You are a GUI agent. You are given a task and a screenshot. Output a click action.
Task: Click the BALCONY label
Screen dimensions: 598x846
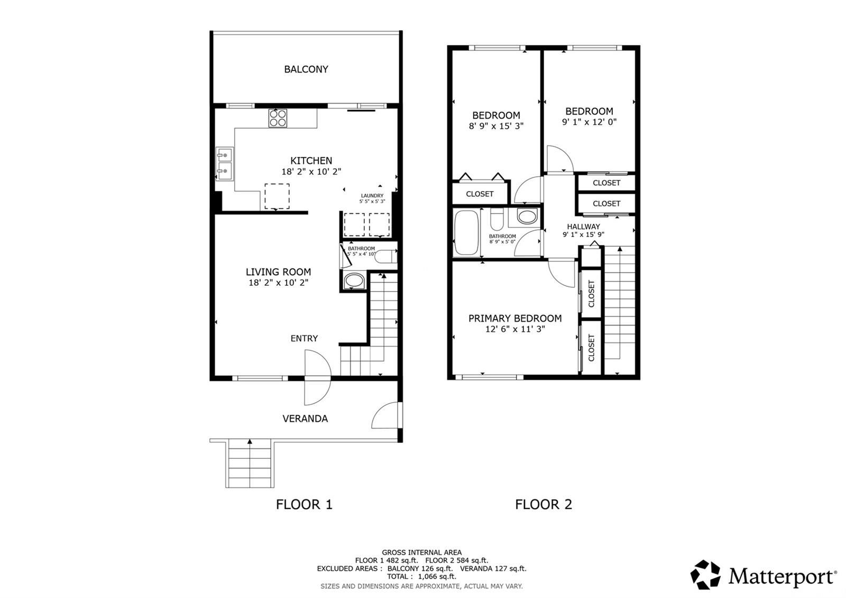[306, 69]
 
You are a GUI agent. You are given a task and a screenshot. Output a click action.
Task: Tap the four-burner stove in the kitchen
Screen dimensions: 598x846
[278, 118]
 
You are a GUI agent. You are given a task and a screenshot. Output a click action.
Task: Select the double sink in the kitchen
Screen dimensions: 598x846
[224, 163]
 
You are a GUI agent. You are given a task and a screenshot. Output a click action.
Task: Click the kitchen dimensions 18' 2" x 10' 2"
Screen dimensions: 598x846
[311, 171]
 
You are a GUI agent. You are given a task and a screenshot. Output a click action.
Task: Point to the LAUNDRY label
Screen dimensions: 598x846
[372, 196]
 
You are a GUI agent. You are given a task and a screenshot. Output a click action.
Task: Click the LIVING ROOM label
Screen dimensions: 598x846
[278, 272]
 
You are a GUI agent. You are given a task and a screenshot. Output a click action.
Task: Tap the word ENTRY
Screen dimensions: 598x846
[304, 338]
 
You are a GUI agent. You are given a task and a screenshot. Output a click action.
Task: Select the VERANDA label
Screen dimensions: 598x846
[305, 419]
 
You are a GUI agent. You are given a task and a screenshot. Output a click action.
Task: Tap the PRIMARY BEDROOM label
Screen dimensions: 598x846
[515, 318]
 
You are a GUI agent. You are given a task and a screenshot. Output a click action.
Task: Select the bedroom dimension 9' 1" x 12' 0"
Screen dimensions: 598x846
[589, 122]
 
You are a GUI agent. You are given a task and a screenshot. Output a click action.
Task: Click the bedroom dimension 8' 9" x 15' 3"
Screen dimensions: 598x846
[496, 126]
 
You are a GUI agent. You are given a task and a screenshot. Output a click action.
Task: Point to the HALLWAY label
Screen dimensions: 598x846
[583, 226]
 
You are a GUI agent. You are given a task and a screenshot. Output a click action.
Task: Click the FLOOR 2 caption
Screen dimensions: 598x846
[544, 504]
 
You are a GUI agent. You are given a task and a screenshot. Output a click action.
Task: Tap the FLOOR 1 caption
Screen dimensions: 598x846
[304, 504]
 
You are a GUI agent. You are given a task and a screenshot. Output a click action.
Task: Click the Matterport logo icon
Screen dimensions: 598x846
[705, 575]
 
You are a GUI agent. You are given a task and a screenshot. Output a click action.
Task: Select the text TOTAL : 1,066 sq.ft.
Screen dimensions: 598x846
[421, 576]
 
